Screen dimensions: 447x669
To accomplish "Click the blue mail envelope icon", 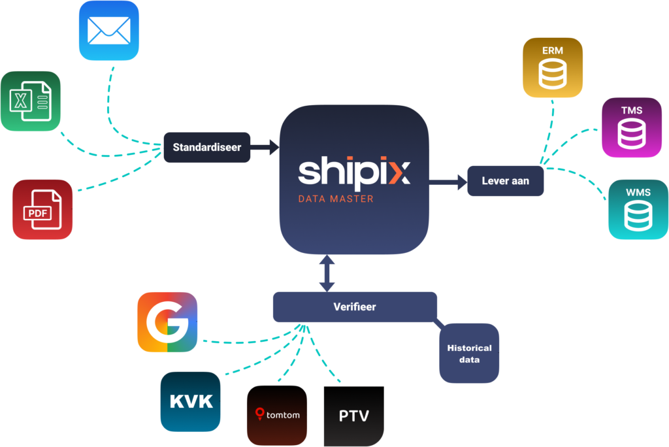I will [108, 31].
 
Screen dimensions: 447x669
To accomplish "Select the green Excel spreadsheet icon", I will [30, 101].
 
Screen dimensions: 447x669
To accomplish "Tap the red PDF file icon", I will [42, 209].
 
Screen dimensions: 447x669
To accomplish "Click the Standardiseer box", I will [206, 147].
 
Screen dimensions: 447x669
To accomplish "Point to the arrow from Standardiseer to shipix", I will [264, 147].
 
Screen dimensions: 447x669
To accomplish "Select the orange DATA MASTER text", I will [336, 198].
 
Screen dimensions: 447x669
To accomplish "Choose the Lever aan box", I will [505, 181].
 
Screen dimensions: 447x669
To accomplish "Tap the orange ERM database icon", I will [553, 68].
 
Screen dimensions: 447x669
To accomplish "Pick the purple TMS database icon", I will [631, 128].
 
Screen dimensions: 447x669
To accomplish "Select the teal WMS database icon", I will [638, 209].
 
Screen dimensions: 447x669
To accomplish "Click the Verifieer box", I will [355, 306].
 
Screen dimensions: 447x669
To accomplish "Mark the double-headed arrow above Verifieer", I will [327, 273].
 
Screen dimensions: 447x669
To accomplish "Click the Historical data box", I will [469, 353].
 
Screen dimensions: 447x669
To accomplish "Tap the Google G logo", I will [167, 322].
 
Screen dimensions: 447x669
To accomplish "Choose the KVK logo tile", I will [191, 401].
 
